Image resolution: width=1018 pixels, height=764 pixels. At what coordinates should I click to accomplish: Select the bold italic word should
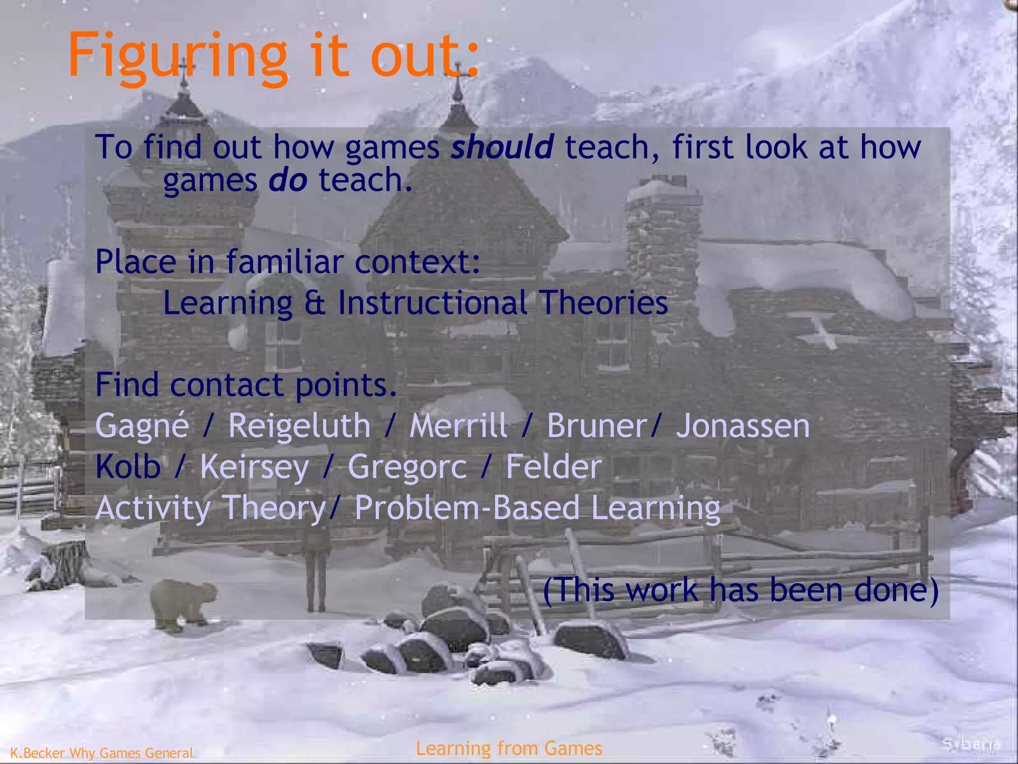click(x=502, y=147)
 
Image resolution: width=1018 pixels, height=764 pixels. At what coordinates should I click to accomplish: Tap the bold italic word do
click(x=288, y=180)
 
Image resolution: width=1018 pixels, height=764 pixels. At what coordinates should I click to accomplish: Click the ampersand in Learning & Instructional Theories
click(x=315, y=303)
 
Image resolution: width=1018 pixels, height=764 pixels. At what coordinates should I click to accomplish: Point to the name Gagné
click(x=142, y=427)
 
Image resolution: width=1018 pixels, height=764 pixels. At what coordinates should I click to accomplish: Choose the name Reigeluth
click(x=299, y=427)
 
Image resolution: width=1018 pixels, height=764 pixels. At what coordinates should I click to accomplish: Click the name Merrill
click(x=458, y=427)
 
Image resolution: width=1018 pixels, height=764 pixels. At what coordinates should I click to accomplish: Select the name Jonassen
click(x=743, y=427)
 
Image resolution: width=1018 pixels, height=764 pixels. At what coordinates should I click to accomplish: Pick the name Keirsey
click(x=254, y=468)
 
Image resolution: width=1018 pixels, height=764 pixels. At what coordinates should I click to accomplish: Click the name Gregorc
click(x=407, y=468)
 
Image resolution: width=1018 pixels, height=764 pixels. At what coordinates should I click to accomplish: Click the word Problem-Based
click(x=467, y=508)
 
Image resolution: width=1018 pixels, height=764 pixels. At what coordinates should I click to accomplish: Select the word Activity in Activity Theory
click(x=153, y=509)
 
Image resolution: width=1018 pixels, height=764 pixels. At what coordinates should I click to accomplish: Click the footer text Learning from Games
click(x=509, y=748)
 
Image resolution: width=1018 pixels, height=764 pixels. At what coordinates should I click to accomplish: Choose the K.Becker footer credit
click(x=101, y=753)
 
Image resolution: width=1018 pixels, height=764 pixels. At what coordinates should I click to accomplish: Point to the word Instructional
click(x=432, y=303)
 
